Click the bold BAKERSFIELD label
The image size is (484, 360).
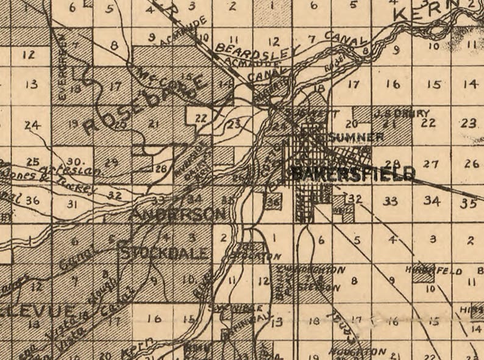pyautogui.click(x=353, y=173)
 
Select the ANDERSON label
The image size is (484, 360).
pyautogui.click(x=178, y=214)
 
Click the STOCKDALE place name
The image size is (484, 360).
pyautogui.click(x=165, y=252)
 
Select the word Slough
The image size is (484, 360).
pyautogui.click(x=110, y=286)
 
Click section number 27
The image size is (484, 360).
pyautogui.click(x=431, y=164)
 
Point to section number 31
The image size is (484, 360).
pyautogui.click(x=73, y=203)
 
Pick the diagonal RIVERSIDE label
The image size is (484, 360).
pyautogui.click(x=187, y=159)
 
